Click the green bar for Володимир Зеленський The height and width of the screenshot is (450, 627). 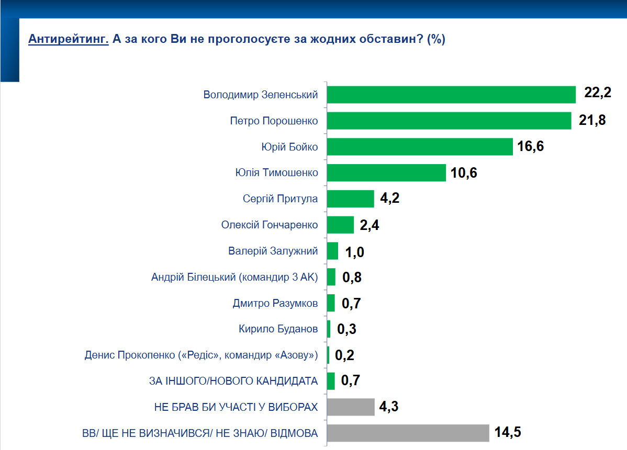[451, 95]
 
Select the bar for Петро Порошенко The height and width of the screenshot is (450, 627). [449, 121]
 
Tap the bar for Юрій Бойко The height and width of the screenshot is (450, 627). [419, 146]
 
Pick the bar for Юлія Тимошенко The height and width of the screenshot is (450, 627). [386, 172]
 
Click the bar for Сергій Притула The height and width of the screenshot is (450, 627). [350, 199]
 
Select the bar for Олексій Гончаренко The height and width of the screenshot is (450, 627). [340, 225]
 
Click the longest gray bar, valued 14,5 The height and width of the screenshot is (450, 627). [408, 433]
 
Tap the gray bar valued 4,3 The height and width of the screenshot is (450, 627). [351, 407]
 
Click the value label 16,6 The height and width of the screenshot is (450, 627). [531, 146]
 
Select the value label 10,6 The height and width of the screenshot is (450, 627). [464, 172]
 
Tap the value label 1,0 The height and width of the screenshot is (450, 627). [354, 251]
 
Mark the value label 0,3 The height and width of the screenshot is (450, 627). [346, 329]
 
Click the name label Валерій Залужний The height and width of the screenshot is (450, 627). [273, 251]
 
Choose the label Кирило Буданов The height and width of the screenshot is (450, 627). [278, 329]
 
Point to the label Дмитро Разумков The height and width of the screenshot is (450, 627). [275, 303]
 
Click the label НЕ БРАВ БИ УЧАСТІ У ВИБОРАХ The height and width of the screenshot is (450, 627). [236, 407]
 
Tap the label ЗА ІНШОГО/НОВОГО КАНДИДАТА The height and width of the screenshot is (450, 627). [233, 381]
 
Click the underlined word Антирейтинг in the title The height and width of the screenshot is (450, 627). [68, 39]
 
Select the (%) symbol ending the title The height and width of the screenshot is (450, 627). [436, 39]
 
